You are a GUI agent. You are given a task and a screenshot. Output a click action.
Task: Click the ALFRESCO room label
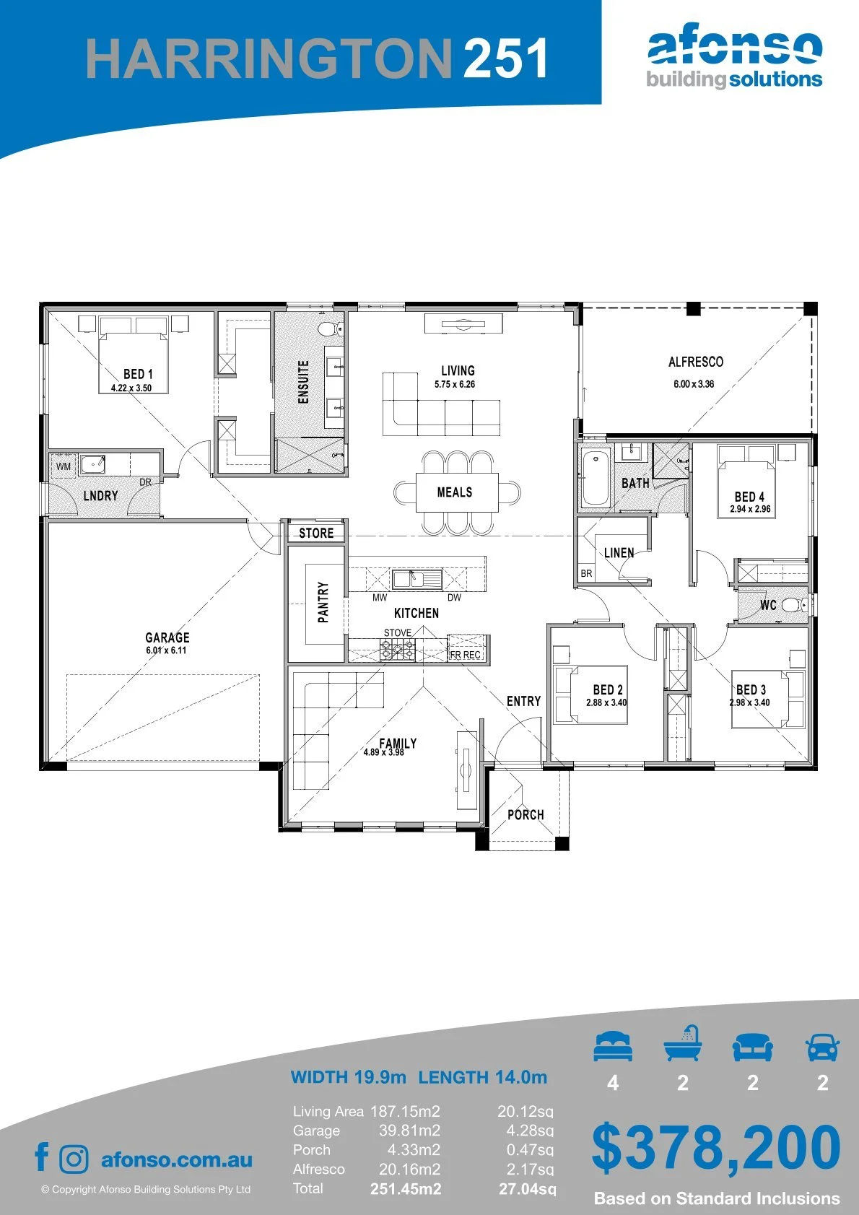tap(696, 362)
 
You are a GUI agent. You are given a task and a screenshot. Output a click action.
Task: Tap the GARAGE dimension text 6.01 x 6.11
tap(166, 650)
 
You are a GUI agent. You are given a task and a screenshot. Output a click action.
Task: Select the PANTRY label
tap(323, 602)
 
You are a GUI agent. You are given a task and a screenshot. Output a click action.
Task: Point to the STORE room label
tap(316, 534)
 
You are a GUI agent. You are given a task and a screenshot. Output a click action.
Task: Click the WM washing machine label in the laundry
tap(64, 466)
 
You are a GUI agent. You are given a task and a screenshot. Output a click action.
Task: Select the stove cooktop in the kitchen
tap(398, 649)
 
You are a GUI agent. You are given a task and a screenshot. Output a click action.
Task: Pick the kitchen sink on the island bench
tap(417, 579)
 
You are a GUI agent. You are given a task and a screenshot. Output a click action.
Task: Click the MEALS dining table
tap(457, 492)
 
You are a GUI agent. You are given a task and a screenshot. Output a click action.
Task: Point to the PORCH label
tap(526, 815)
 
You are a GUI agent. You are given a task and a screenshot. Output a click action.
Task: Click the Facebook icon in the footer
tap(42, 1157)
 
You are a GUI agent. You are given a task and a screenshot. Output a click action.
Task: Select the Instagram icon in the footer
tap(74, 1159)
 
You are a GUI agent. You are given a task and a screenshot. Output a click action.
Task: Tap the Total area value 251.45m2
tap(406, 1189)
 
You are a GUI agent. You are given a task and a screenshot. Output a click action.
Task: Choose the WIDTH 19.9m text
tap(348, 1077)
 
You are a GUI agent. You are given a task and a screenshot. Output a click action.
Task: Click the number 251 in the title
tap(505, 58)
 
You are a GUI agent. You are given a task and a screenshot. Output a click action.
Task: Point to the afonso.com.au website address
tap(177, 1159)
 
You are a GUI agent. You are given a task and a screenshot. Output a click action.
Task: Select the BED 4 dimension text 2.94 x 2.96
tap(750, 509)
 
